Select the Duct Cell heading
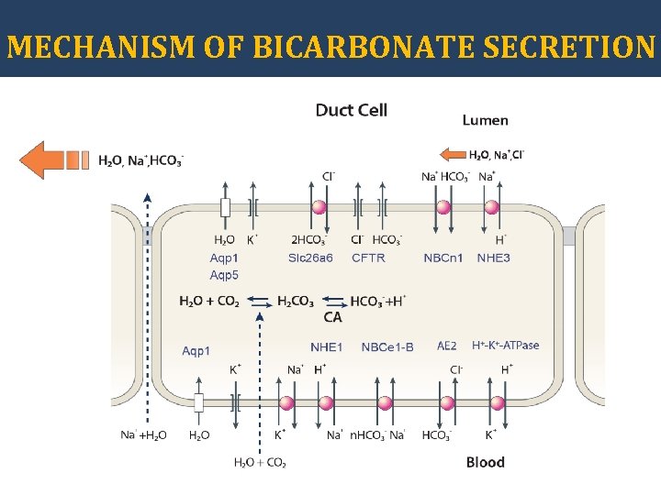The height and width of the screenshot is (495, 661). (352, 110)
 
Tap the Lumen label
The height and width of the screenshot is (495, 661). (485, 120)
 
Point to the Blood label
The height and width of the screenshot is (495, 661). (485, 462)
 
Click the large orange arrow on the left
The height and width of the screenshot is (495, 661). (53, 159)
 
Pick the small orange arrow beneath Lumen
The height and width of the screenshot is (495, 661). (453, 154)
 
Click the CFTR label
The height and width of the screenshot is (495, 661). (368, 258)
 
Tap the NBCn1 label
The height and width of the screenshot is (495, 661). (443, 258)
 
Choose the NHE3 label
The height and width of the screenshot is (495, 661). (493, 258)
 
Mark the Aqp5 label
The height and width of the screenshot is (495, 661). (223, 275)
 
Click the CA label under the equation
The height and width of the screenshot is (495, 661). (332, 317)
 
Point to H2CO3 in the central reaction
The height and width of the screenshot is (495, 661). (295, 301)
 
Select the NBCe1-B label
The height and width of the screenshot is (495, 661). (387, 346)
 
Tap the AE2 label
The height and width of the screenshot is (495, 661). (446, 346)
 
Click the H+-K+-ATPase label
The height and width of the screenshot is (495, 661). (505, 346)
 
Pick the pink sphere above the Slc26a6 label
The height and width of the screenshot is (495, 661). (319, 208)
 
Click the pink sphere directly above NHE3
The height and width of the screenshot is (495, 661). (491, 208)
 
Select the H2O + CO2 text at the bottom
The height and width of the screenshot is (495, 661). (260, 462)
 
